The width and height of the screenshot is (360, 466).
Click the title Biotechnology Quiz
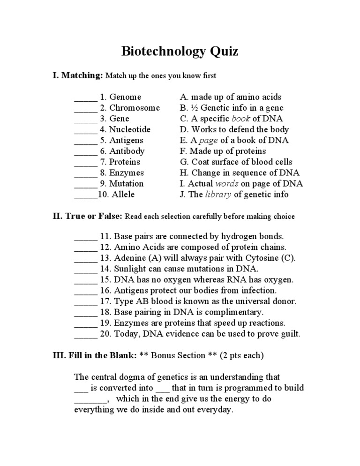[180, 51]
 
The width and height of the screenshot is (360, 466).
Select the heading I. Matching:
[77, 75]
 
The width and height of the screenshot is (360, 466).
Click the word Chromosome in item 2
[135, 108]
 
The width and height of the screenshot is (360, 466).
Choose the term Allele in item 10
[123, 194]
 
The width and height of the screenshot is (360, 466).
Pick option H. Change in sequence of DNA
[240, 173]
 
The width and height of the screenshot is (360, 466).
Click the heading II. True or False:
[87, 216]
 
